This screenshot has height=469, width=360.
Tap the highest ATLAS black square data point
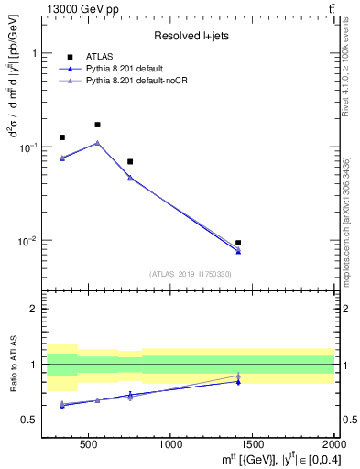(x=97, y=125)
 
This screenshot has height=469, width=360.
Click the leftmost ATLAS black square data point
(x=62, y=137)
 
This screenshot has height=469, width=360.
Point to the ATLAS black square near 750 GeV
(x=130, y=161)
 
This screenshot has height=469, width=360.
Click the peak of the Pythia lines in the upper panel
(x=97, y=143)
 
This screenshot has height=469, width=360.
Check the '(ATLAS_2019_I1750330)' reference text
(x=191, y=274)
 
